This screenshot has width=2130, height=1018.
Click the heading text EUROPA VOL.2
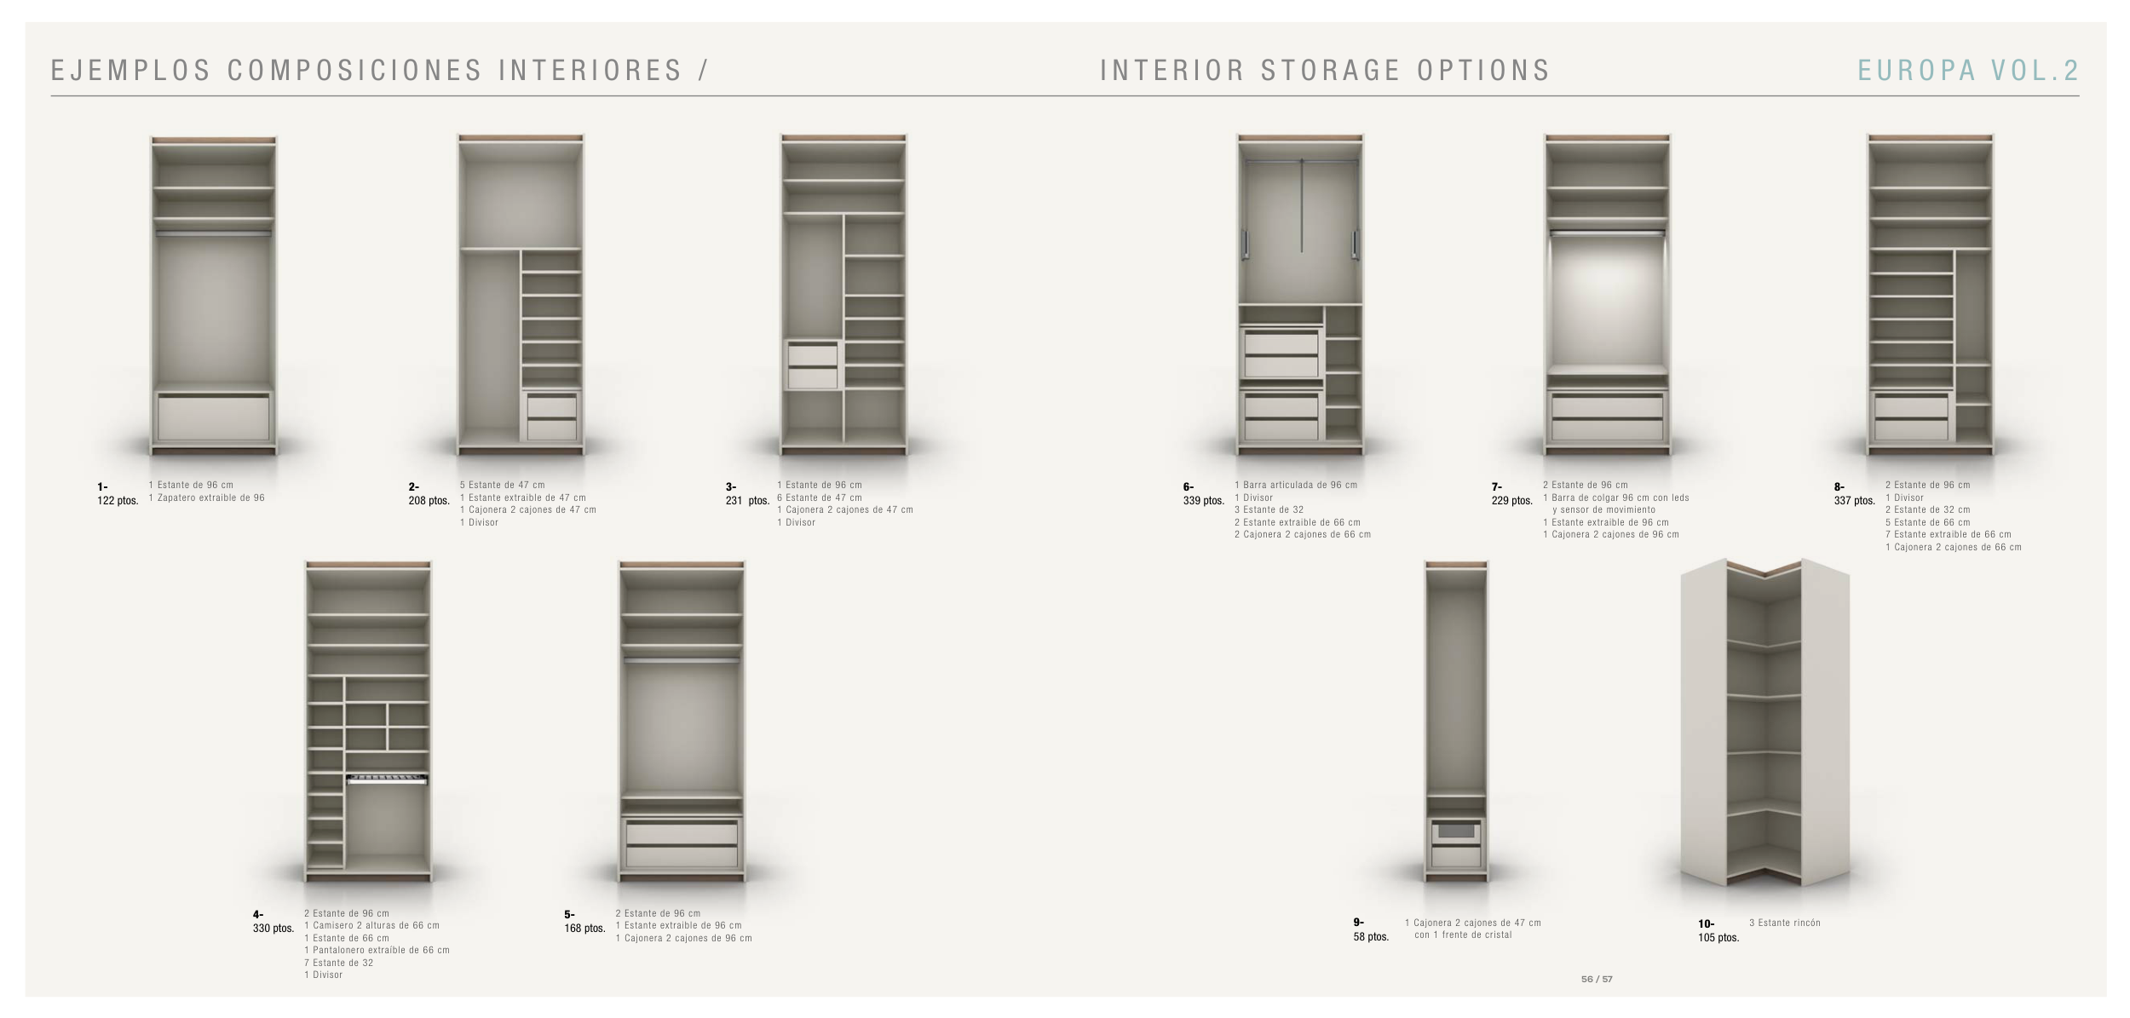(x=1967, y=71)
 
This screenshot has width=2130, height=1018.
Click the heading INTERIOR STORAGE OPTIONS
(x=1325, y=71)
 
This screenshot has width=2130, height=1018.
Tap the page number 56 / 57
(x=1596, y=979)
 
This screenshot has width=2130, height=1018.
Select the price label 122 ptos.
(x=118, y=501)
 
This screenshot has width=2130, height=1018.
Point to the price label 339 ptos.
(x=1203, y=501)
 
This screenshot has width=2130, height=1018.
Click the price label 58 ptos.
(x=1370, y=937)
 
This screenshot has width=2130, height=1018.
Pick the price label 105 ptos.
(x=1718, y=938)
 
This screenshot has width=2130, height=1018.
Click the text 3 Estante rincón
(x=1784, y=923)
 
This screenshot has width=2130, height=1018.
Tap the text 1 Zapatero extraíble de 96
(x=206, y=497)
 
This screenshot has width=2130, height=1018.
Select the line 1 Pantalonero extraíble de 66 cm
(x=377, y=950)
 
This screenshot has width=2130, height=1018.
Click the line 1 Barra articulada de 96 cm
(x=1295, y=485)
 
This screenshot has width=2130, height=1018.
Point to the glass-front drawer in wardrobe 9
(x=1456, y=831)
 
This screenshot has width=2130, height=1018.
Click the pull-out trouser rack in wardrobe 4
(x=387, y=779)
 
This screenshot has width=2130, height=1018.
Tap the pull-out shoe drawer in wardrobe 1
(x=213, y=417)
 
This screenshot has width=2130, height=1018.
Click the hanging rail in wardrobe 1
(x=213, y=233)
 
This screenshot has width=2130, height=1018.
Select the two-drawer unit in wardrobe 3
(x=812, y=365)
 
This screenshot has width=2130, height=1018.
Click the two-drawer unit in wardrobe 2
(x=551, y=417)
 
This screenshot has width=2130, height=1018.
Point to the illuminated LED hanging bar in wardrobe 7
(x=1606, y=233)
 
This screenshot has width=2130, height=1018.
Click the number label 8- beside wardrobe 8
(x=1839, y=487)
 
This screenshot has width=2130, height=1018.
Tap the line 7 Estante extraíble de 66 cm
(x=1948, y=535)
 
